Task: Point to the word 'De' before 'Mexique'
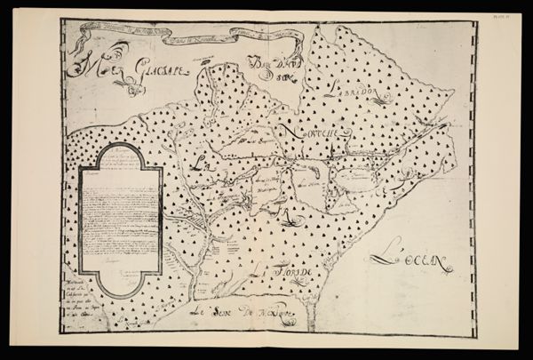point(245,313)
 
